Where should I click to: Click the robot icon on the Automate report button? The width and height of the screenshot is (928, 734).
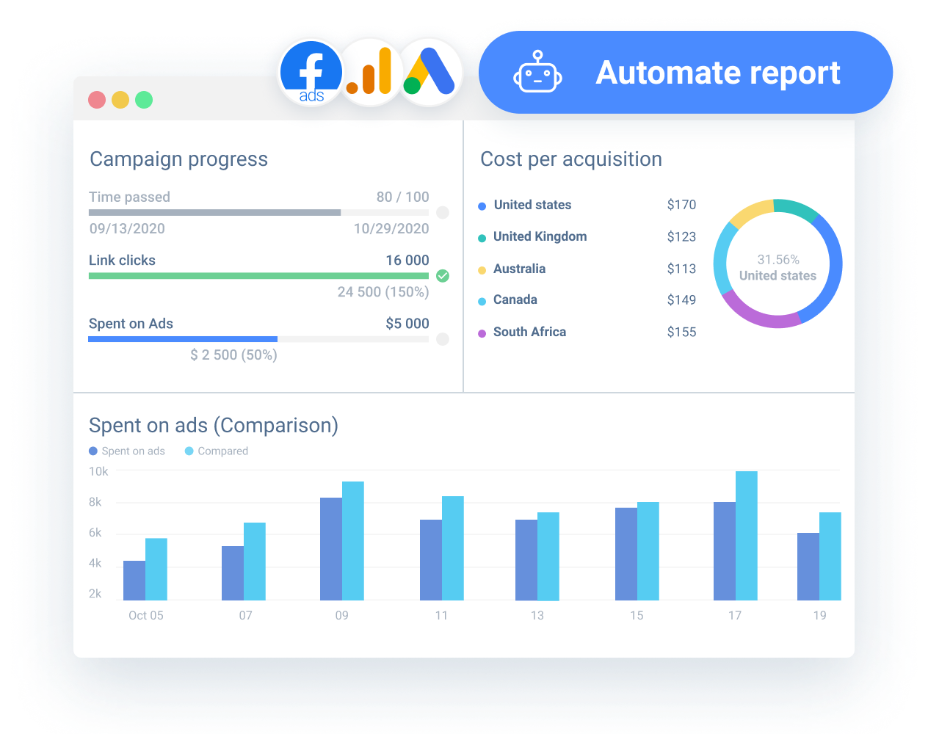pos(537,73)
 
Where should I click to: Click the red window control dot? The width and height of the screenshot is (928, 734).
pos(97,100)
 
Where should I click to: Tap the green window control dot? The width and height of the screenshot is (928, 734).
pos(144,100)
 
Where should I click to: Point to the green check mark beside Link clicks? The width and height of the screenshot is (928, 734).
pos(443,276)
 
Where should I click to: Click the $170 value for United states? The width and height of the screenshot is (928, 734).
pos(681,205)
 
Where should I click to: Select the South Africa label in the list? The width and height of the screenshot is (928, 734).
pos(529,332)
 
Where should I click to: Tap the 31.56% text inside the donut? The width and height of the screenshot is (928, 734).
pos(778,260)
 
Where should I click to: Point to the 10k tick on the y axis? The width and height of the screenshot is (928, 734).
pos(98,471)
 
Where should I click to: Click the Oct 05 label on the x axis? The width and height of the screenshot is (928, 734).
pos(146,615)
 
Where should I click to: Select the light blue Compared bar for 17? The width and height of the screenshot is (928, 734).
pos(747,536)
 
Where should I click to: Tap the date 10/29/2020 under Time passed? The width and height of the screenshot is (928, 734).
pos(391,228)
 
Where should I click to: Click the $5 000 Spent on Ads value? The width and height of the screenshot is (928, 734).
pos(407,324)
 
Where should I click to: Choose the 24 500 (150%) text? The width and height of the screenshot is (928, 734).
pos(383,292)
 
